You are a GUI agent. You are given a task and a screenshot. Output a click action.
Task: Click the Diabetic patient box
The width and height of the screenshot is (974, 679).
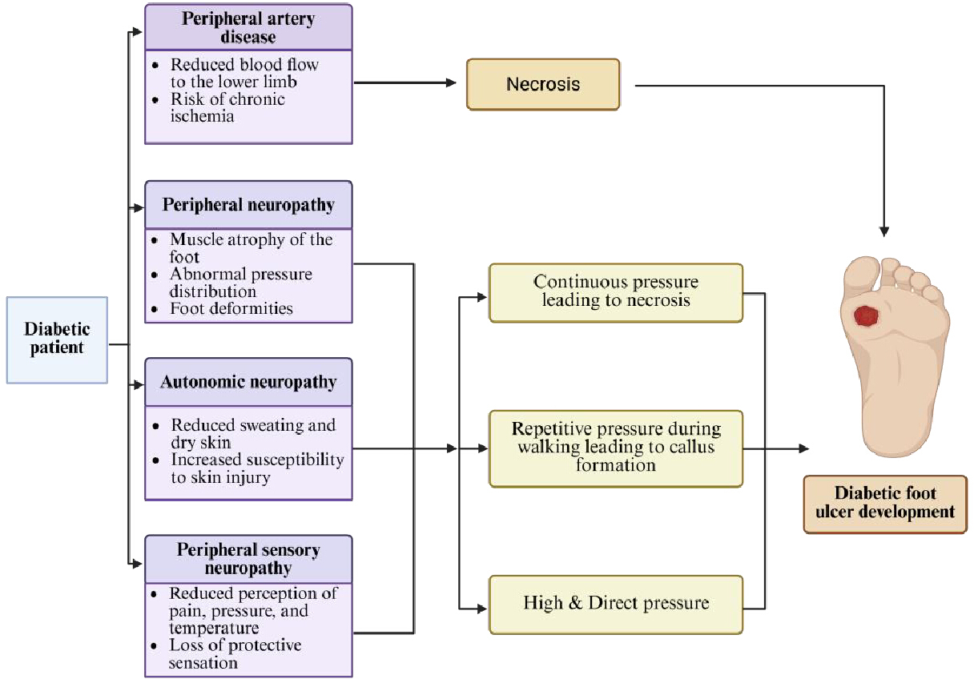57,340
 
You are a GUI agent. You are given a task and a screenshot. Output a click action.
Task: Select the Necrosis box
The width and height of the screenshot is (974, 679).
542,84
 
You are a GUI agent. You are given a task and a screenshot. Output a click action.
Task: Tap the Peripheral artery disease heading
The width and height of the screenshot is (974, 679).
248,27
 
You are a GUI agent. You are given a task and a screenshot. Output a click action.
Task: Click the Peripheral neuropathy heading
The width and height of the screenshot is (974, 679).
248,205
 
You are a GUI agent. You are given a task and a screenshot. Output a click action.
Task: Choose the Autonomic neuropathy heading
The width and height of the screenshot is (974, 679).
248,382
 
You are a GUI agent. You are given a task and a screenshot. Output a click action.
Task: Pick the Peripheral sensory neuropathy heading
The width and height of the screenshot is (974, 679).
248,559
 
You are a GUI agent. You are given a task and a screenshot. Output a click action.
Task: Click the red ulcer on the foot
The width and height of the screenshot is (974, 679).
866,316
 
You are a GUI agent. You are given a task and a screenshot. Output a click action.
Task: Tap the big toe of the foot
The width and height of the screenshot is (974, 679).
859,272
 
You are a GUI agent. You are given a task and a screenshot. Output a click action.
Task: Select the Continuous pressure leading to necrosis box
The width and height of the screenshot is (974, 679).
616,292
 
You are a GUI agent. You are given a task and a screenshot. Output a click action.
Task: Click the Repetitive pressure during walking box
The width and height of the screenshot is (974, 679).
616,448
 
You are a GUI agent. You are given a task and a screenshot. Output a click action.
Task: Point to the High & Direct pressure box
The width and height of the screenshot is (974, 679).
616,605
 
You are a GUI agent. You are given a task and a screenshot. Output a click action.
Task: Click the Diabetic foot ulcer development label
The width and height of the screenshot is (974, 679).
885,504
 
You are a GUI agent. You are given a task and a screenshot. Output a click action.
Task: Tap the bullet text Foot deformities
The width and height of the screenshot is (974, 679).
231,308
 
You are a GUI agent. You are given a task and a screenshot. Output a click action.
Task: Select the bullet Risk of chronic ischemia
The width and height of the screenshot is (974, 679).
227,107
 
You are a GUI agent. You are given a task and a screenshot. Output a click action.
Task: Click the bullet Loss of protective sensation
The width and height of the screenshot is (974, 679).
235,653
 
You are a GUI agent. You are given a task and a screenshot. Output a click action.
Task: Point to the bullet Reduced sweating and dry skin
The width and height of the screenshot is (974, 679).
253,433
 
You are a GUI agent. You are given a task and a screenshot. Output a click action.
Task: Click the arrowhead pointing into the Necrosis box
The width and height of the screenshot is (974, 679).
451,82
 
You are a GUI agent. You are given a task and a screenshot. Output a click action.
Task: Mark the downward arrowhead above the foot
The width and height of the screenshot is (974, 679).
884,231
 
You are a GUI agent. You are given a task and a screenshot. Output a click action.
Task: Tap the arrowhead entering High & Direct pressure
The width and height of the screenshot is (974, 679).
481,609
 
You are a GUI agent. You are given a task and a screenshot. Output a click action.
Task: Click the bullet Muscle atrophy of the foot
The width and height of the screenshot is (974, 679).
251,247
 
